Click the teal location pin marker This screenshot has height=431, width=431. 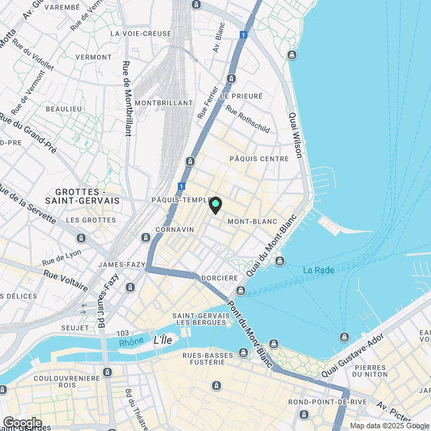[x=215, y=205]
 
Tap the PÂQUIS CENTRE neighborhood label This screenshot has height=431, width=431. [x=259, y=158]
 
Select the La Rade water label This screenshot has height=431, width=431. [x=317, y=270]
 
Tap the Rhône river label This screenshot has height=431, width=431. [x=131, y=341]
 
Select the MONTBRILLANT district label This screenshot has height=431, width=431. [x=164, y=102]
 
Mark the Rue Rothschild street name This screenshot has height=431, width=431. [x=247, y=119]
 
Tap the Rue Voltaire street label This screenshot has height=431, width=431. [x=66, y=279]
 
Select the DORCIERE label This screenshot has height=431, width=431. [x=220, y=277]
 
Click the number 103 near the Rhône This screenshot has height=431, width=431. [x=122, y=333]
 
